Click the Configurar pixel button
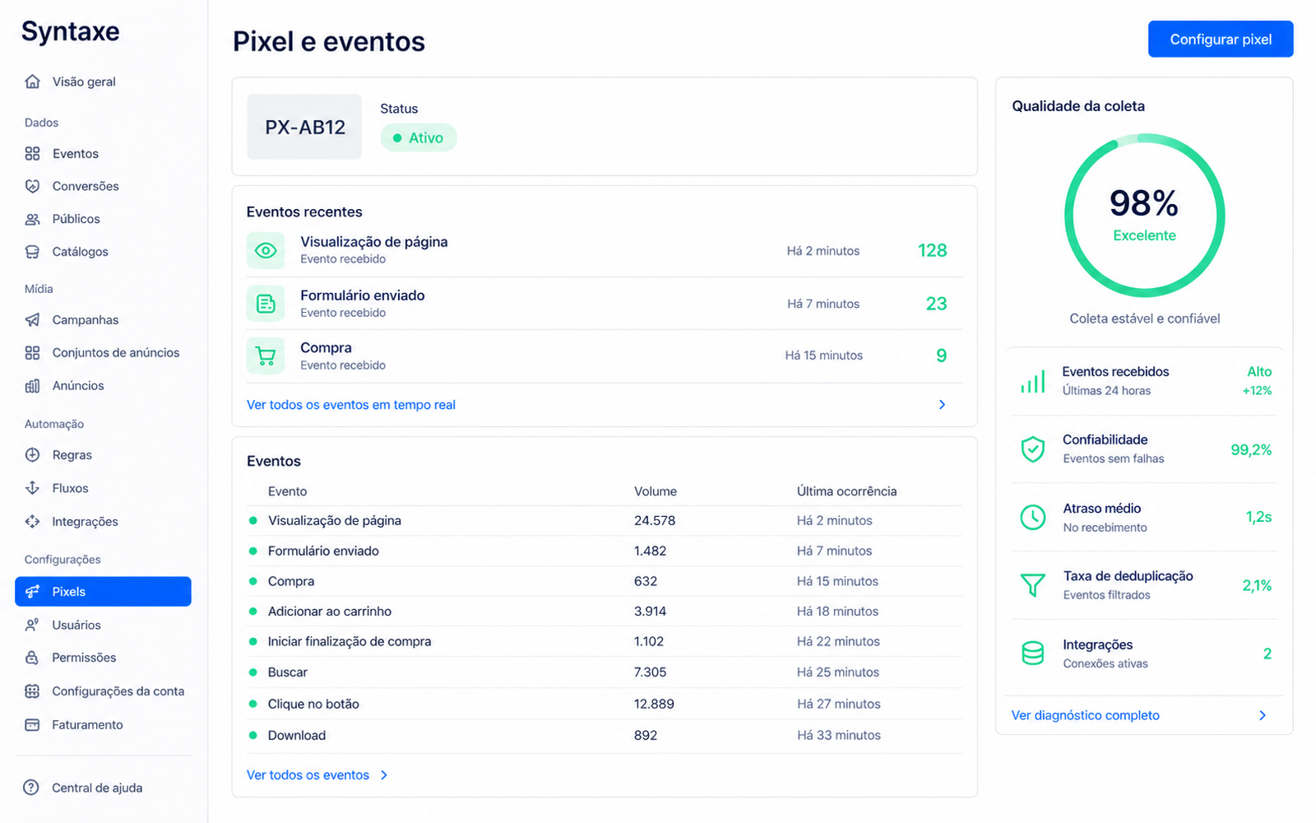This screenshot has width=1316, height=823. [x=1221, y=39]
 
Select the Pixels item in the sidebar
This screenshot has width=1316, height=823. [x=103, y=592]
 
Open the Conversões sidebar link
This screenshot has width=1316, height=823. [x=86, y=186]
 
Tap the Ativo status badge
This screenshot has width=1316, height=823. [x=419, y=137]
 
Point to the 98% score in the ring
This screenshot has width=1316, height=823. [x=1144, y=203]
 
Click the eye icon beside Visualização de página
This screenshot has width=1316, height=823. [x=266, y=250]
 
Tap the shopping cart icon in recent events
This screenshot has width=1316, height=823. [x=266, y=356]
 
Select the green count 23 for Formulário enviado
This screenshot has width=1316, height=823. [x=936, y=304]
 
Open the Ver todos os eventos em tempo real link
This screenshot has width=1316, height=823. [x=350, y=404]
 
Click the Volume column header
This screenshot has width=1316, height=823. [x=655, y=491]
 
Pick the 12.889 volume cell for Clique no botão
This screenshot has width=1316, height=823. [x=654, y=704]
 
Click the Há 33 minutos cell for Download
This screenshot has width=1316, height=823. [x=839, y=735]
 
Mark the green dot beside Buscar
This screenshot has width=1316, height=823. [x=253, y=672]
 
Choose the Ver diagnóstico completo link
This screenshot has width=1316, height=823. [x=1085, y=715]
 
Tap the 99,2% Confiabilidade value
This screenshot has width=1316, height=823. [x=1251, y=449]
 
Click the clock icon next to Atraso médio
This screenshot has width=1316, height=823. [x=1032, y=518]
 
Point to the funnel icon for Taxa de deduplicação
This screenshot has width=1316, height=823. [x=1032, y=585]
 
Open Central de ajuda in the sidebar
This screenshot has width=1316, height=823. [x=97, y=788]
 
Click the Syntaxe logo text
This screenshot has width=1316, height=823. [x=71, y=32]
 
